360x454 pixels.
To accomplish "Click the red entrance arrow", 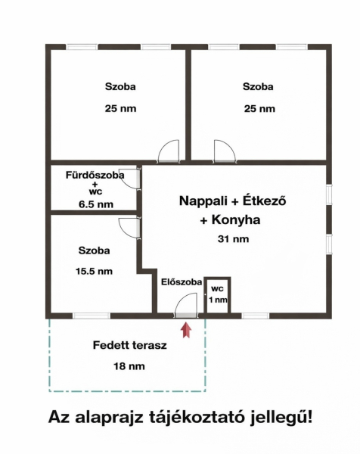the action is click(186, 330).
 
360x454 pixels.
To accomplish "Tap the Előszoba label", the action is click(182, 282).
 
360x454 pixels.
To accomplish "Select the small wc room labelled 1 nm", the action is click(217, 295).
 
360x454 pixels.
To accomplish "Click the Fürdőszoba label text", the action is click(95, 176).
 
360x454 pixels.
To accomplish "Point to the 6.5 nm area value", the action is click(96, 204).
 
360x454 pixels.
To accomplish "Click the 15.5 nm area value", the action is click(94, 272).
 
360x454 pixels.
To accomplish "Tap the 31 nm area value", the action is click(233, 239).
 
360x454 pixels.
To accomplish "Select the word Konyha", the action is click(236, 219).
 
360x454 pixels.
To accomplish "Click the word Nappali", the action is click(203, 201).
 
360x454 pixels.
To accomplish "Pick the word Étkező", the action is click(265, 200).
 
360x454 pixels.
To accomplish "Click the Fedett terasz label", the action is click(130, 345).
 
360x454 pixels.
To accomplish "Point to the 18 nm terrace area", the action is click(129, 366).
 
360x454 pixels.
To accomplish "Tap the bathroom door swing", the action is click(131, 179).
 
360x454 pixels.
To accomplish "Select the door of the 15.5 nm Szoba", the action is click(130, 229).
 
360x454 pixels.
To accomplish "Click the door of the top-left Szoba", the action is click(169, 151).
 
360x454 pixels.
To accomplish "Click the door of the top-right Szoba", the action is click(225, 151).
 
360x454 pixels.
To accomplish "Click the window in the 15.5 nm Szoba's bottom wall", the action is click(92, 316).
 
